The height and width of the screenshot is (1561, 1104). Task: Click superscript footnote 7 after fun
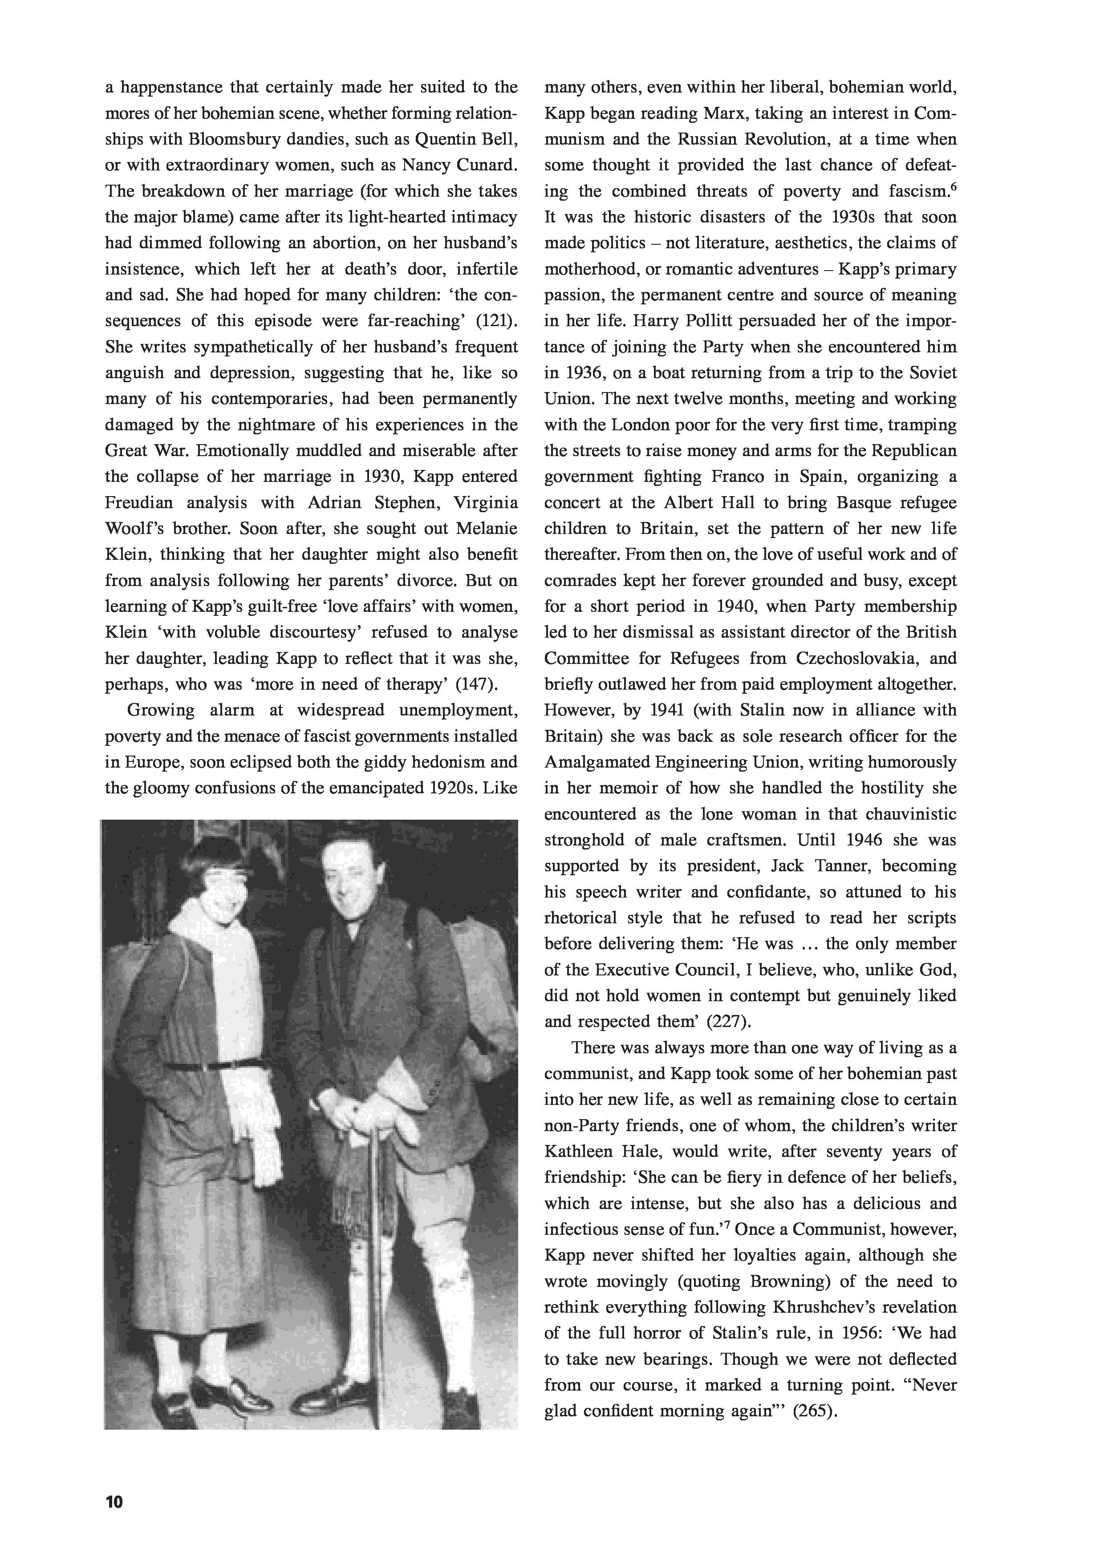pyautogui.click(x=727, y=1225)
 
